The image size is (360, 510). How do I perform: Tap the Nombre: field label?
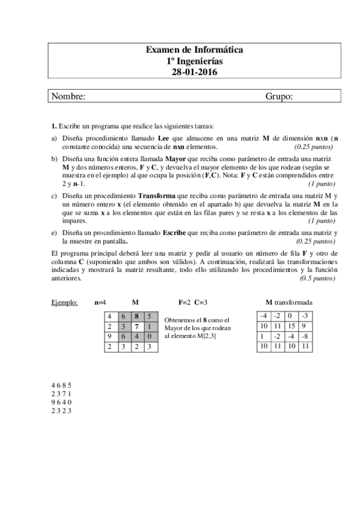pos(68,96)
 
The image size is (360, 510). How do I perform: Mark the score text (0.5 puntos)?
pos(317,278)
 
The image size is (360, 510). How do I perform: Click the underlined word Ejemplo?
pos(65,302)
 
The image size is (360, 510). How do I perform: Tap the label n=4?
pos(100,302)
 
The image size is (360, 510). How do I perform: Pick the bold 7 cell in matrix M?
pos(137,327)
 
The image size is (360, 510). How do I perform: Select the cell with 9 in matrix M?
pos(109,336)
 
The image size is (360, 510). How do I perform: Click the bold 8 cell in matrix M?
pos(137,316)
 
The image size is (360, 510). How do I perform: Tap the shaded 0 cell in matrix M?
pos(150,336)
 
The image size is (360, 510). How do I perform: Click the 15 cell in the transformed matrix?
pos(291,326)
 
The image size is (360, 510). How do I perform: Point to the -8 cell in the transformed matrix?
pos(305,336)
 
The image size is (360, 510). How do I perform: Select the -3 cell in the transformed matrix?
pos(305,316)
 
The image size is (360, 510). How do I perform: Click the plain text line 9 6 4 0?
pos(61,402)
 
